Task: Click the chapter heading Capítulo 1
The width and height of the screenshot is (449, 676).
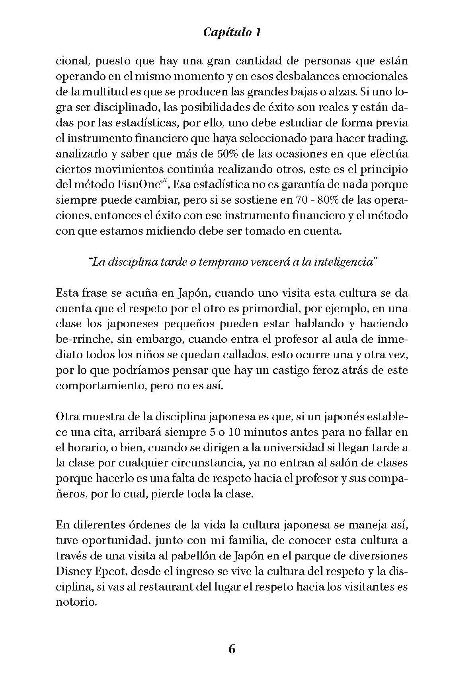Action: [232, 32]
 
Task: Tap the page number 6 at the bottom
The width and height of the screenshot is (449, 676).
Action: [232, 649]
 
